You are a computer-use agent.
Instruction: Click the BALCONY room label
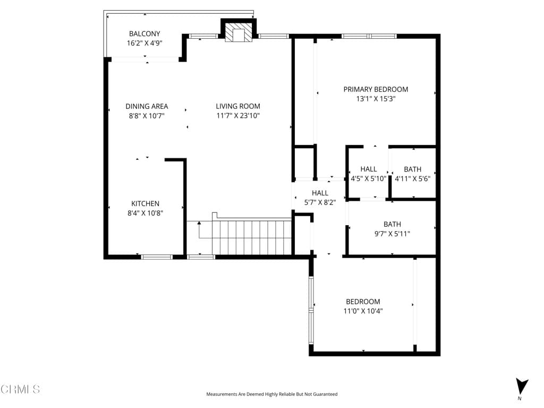[144, 34]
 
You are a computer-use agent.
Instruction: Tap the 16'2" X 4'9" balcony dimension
[144, 44]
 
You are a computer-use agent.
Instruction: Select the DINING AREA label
[147, 106]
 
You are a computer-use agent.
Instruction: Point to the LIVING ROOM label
[238, 106]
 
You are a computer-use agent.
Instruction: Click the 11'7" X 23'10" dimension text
[238, 116]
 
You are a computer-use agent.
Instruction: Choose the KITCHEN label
[146, 203]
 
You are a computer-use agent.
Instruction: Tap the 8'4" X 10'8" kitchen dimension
[146, 213]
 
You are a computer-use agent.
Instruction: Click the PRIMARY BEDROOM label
[376, 89]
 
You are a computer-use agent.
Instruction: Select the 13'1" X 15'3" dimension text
[376, 99]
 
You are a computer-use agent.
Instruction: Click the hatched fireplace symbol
[238, 33]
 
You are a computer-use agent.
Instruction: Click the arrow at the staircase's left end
[199, 223]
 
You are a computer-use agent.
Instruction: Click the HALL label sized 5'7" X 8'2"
[320, 193]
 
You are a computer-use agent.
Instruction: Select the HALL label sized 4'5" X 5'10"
[368, 169]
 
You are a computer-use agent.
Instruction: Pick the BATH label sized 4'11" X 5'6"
[412, 169]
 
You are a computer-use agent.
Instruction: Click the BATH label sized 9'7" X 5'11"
[392, 224]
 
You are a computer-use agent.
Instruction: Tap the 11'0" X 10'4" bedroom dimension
[363, 311]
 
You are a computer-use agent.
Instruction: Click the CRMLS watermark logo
[20, 389]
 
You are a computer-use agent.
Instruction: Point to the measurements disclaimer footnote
[271, 394]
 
